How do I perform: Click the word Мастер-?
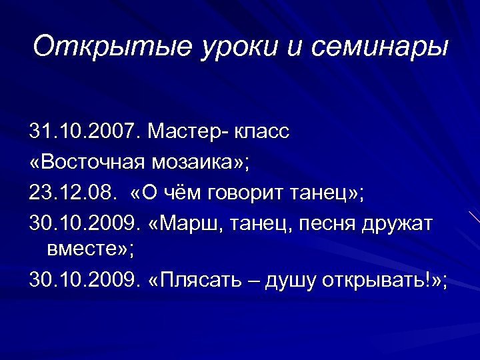pyautogui.click(x=189, y=132)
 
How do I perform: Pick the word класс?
pyautogui.click(x=263, y=132)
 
